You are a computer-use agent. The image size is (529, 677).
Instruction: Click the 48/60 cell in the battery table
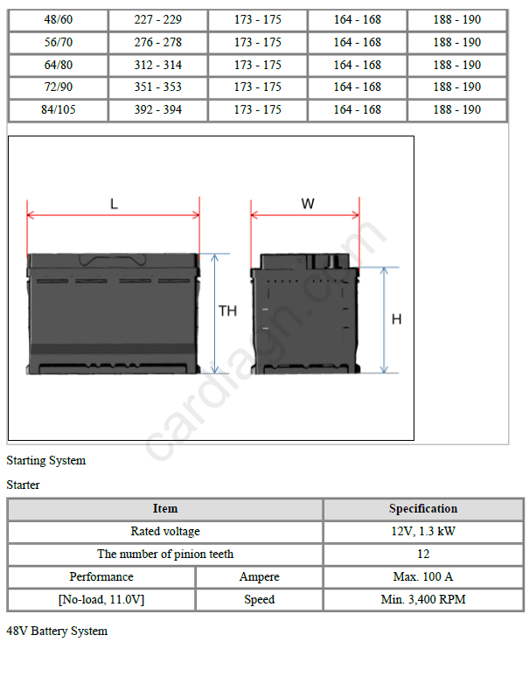(x=59, y=20)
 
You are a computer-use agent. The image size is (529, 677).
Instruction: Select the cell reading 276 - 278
(x=158, y=42)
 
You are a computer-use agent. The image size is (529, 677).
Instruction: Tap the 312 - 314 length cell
(x=158, y=65)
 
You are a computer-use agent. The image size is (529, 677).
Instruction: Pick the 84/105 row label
(x=59, y=109)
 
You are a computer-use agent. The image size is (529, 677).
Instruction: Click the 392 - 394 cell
(x=158, y=109)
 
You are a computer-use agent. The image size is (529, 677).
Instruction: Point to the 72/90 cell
(x=59, y=87)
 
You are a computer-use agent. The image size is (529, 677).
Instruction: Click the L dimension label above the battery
(x=114, y=204)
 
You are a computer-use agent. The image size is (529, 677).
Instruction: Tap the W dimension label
(x=308, y=203)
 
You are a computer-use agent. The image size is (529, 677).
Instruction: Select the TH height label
(x=227, y=311)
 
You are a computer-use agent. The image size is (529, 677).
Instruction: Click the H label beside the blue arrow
(x=397, y=319)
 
